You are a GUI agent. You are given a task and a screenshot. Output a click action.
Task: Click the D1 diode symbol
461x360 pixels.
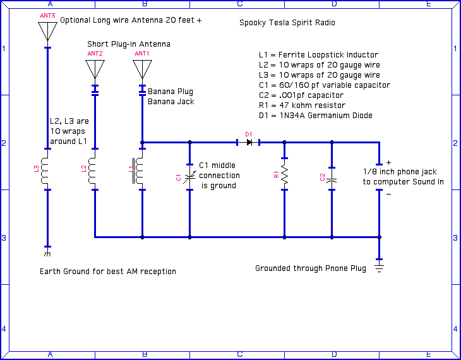pos(249,143)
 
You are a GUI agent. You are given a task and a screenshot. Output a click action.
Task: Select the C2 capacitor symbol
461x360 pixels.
pos(332,179)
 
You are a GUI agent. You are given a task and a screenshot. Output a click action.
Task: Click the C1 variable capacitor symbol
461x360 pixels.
pos(189,177)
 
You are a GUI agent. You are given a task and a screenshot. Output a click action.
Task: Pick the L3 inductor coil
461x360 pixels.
pos(47,169)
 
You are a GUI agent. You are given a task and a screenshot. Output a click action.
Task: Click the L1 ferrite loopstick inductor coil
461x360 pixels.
pos(141,169)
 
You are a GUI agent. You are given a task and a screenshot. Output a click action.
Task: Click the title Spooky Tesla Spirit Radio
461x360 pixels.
pos(287,23)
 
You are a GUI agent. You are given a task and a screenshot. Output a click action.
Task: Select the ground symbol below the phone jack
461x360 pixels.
pos(379,268)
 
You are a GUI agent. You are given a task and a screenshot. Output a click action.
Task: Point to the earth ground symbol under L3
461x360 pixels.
pos(47,254)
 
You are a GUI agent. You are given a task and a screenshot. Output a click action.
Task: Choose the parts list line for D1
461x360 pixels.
pos(315,116)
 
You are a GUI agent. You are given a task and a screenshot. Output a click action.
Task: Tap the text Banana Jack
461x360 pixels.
pos(171,102)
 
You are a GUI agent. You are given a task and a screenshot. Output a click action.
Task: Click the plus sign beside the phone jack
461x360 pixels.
pos(388,162)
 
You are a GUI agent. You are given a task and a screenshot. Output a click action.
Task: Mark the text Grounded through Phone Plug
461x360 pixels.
pos(310,268)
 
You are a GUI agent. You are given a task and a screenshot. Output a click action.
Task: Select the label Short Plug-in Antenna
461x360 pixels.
pos(129,44)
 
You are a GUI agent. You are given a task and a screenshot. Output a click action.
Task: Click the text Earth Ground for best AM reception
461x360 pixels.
pos(107,272)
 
